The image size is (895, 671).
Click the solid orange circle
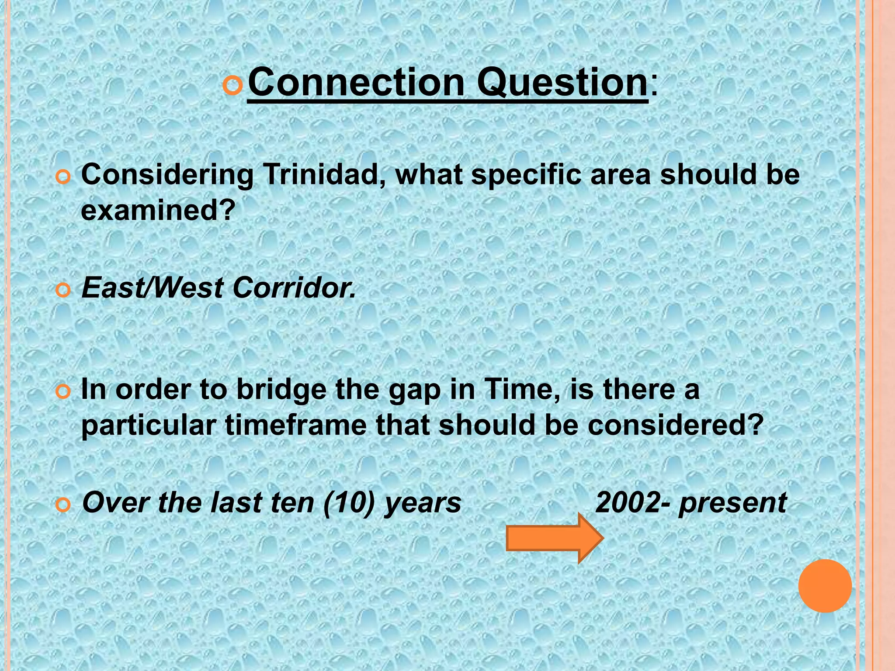click(825, 586)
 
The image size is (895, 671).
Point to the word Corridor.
click(294, 288)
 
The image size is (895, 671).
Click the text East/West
click(153, 288)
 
